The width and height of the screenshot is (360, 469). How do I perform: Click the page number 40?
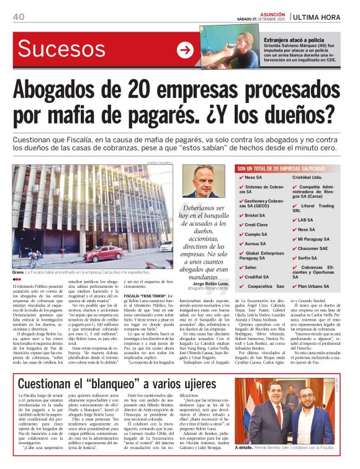(18, 16)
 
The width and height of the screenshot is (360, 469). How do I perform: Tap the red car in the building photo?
(103, 252)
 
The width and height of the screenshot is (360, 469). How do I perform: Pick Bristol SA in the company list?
(256, 215)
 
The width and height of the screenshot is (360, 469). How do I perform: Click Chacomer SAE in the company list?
(313, 248)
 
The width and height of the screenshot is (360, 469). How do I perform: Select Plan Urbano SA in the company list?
(314, 286)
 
